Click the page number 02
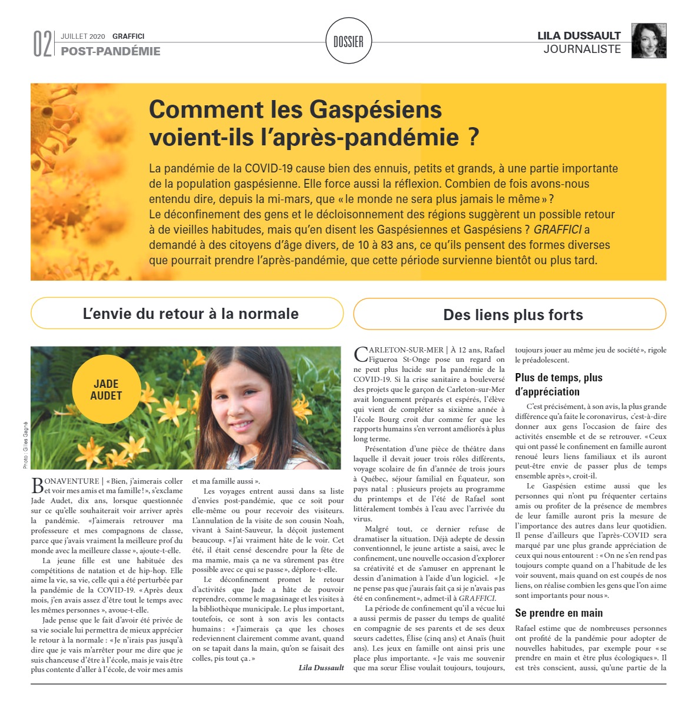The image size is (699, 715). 42,44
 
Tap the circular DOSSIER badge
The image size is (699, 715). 348,41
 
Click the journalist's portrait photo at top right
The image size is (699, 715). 648,41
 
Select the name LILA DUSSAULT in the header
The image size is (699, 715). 579,36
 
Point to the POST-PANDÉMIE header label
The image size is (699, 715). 111,51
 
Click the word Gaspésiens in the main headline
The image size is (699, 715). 375,109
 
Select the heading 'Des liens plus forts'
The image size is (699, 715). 512,315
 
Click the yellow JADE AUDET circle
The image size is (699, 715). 106,390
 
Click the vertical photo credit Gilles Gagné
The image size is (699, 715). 26,445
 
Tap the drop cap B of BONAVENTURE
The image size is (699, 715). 36,485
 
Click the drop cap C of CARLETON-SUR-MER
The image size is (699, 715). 360,354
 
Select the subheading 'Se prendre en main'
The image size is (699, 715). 558,613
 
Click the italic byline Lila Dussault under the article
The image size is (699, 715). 321,667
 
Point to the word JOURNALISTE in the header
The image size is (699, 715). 582,49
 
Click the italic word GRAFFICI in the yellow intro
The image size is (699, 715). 557,230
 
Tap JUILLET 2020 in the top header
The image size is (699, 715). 83,36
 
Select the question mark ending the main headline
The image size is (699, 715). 474,137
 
